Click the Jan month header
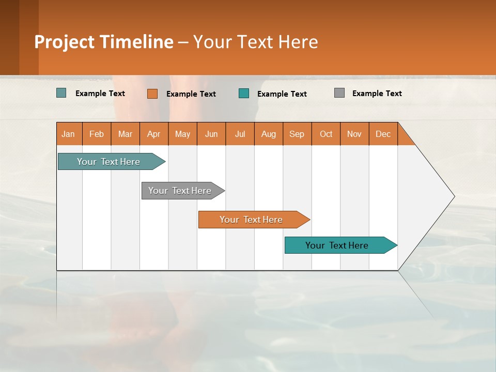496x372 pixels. [69, 134]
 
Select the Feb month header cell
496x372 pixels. [97, 134]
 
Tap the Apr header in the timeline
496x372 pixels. [154, 134]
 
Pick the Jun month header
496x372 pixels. [211, 134]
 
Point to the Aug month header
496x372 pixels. [269, 134]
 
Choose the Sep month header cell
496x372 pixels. [297, 134]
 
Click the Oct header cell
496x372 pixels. [326, 134]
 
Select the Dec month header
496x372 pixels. [383, 134]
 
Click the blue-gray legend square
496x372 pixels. [61, 93]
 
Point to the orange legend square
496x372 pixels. [152, 94]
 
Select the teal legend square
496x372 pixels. [244, 94]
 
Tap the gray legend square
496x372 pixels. [339, 93]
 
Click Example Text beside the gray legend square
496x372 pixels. [377, 94]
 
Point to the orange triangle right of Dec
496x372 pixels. [405, 138]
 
